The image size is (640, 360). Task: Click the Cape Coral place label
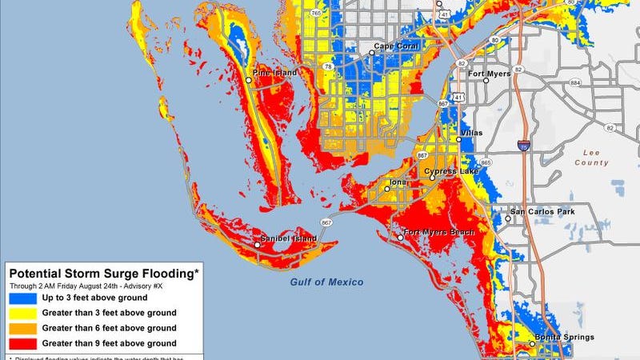pos(399,46)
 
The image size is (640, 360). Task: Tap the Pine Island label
pos(274,73)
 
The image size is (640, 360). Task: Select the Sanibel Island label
pos(289,238)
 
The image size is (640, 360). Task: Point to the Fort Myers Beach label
pos(440,232)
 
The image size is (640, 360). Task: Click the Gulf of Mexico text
pos(326,282)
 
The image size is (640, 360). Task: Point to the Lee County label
pos(591,157)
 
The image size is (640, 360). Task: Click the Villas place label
pos(472,133)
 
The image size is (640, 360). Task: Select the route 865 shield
pos(486,162)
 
